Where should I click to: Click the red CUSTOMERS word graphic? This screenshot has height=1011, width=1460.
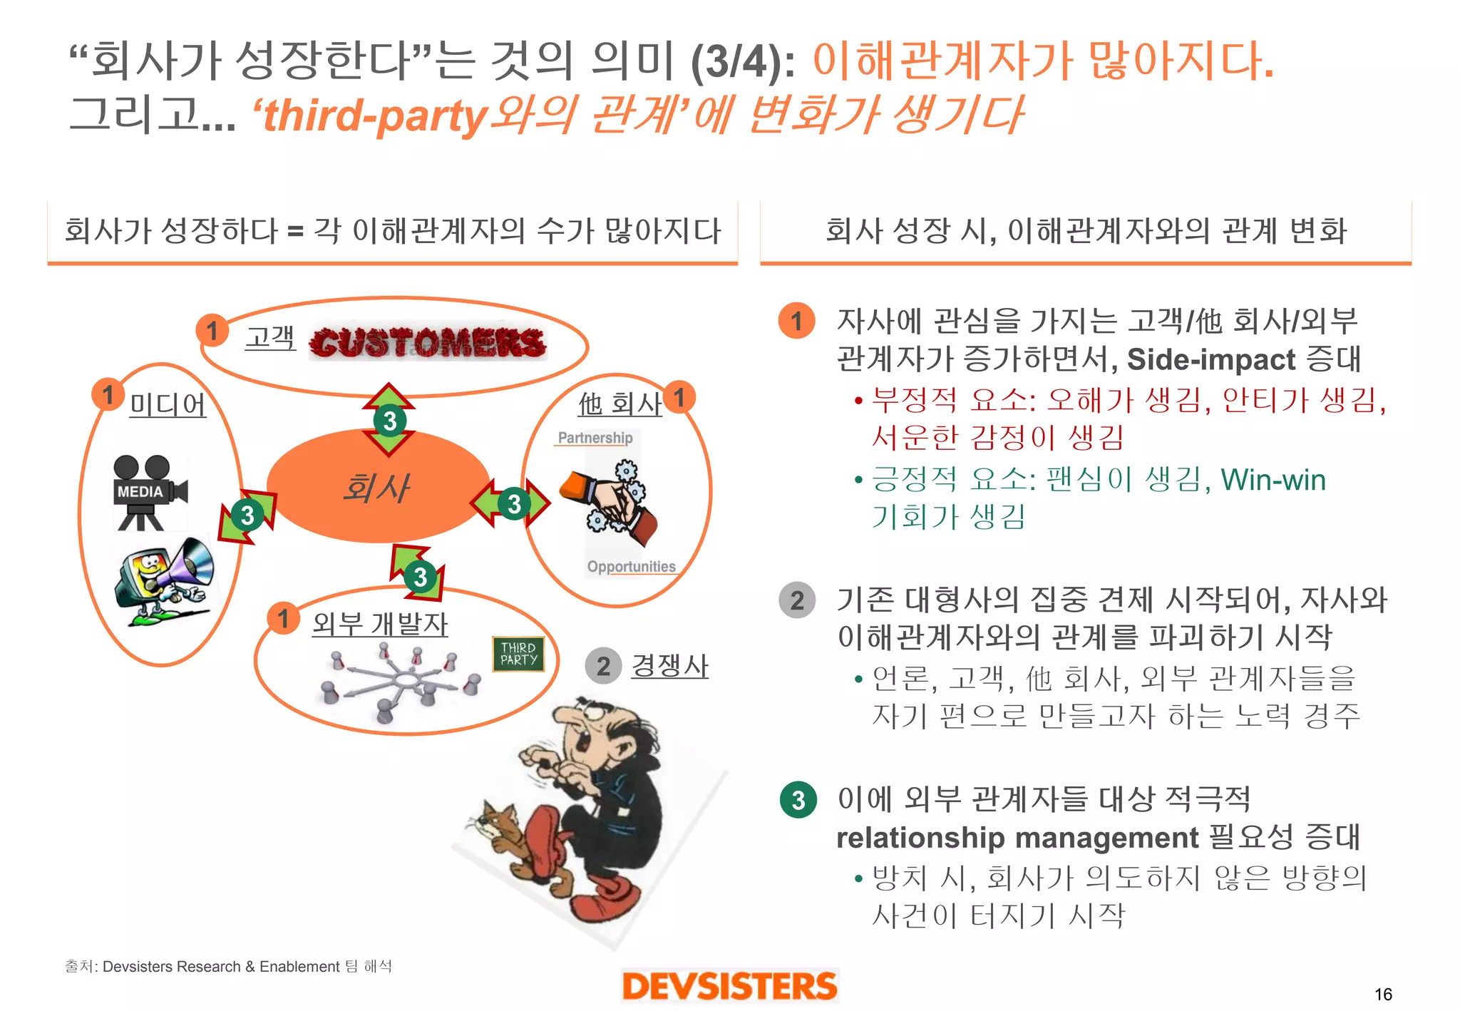pos(428,343)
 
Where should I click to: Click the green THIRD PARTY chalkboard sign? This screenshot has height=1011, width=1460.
pos(518,654)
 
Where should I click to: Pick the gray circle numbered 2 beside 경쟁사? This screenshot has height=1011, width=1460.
pos(603,666)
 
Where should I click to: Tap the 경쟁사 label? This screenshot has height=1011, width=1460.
pos(669,666)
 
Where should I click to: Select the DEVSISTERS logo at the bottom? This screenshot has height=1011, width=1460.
pos(729,986)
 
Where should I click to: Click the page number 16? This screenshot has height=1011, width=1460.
pos(1383,994)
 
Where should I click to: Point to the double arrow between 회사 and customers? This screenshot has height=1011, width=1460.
pos(389,420)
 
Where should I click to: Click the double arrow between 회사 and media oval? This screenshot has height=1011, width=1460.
pos(247,515)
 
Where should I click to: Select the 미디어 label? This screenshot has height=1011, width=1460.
pos(168,405)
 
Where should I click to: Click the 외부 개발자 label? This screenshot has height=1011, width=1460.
pos(380,624)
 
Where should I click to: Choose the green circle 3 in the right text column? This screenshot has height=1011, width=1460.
pos(798,800)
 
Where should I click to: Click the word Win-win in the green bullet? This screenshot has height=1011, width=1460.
pos(1273,480)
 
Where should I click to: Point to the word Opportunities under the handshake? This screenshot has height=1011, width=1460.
pos(631,567)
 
